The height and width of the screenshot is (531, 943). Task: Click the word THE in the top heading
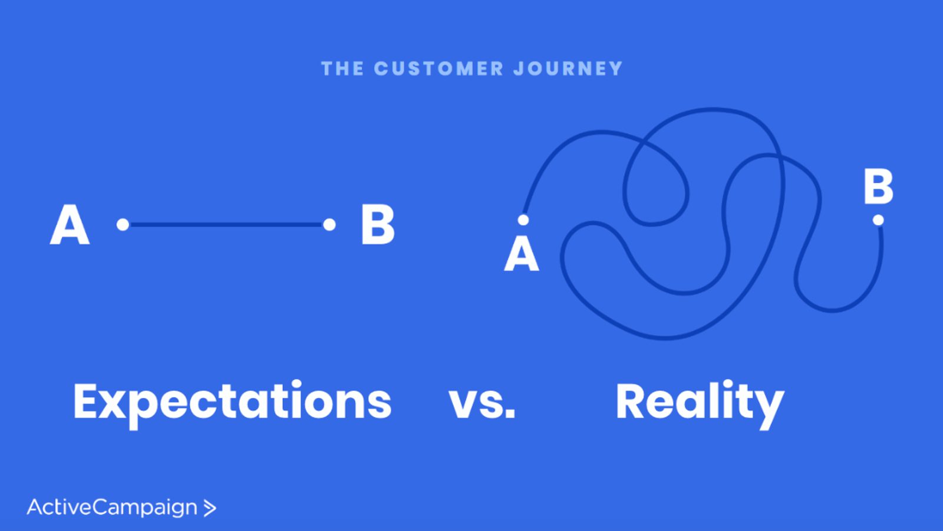(x=342, y=68)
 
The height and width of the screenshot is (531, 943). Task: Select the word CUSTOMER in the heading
(x=438, y=68)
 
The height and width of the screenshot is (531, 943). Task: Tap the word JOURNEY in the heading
(x=568, y=68)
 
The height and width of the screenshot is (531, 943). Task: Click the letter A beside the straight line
(x=70, y=225)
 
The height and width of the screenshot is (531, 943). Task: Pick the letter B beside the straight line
(x=378, y=225)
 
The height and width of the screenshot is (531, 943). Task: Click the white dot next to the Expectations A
(x=123, y=225)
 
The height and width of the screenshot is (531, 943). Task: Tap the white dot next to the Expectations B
(x=329, y=225)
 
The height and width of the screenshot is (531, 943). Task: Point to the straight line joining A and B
(x=226, y=225)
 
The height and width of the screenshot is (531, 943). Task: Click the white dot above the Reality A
(x=523, y=220)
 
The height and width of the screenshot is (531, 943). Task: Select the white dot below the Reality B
(x=878, y=220)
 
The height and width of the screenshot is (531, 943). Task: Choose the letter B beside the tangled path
(x=878, y=186)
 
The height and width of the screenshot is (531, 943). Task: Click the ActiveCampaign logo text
(x=112, y=508)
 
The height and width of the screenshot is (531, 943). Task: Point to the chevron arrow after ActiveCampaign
(x=210, y=508)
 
